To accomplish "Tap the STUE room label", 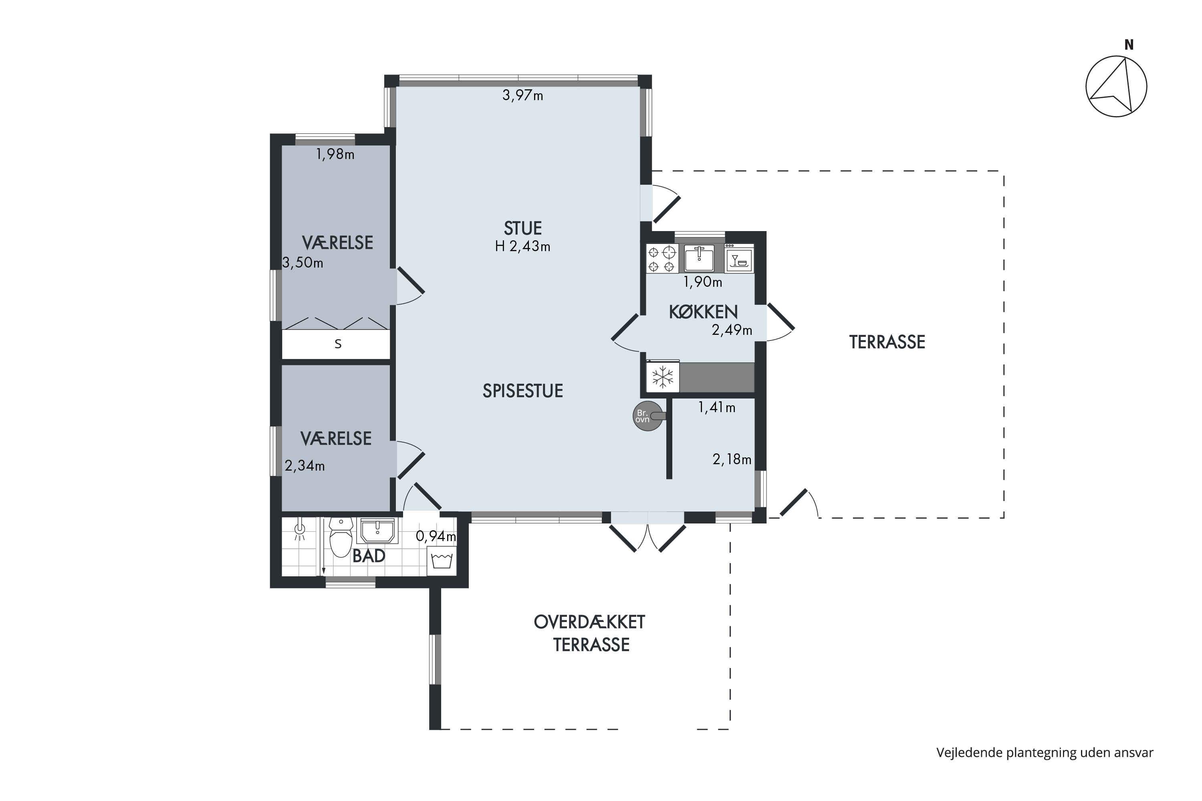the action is click(x=522, y=228).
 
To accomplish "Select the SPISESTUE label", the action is click(x=523, y=391).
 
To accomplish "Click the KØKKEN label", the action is click(x=703, y=312).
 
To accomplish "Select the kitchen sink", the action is click(x=699, y=258).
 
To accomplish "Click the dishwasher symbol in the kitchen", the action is click(x=739, y=258).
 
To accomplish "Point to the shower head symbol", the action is click(x=300, y=531).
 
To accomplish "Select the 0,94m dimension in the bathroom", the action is click(x=436, y=536).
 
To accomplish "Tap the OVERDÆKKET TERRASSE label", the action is click(x=590, y=634).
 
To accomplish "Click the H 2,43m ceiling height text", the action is click(x=522, y=247).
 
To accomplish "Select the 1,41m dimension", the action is click(x=716, y=407).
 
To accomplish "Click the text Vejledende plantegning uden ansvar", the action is click(x=1045, y=753).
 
